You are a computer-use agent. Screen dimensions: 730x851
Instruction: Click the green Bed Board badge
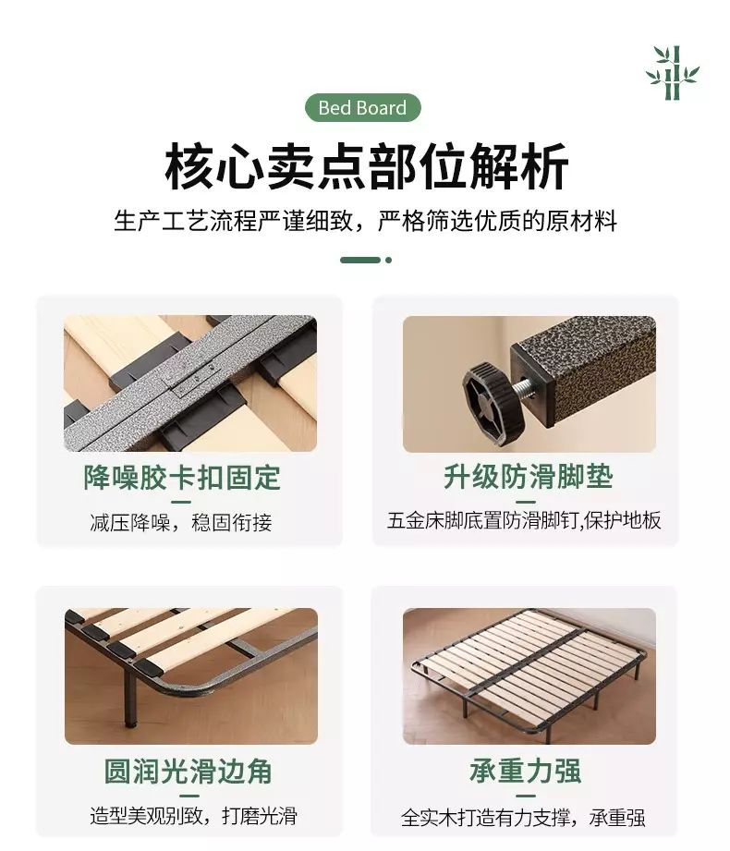point(362,107)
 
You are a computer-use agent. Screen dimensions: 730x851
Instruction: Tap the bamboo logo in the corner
point(673,73)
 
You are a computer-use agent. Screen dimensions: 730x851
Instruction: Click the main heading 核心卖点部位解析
point(366,166)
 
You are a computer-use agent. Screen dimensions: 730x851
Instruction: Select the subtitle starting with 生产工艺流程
point(365,221)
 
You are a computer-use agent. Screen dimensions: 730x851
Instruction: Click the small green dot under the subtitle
point(389,260)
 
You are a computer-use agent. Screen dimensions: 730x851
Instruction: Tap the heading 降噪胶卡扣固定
point(182,478)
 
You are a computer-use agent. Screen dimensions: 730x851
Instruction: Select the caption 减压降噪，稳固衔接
point(181,522)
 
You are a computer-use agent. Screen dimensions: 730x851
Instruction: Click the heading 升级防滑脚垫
point(528,477)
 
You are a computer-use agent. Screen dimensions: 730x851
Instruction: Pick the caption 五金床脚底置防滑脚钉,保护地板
point(524,520)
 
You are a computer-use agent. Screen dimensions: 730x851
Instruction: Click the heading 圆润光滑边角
point(188,771)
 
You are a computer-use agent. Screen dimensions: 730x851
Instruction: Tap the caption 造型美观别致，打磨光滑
point(193,816)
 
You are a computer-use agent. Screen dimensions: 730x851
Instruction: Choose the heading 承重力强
point(526,771)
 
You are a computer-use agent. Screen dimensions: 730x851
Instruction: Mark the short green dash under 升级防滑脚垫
point(526,502)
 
